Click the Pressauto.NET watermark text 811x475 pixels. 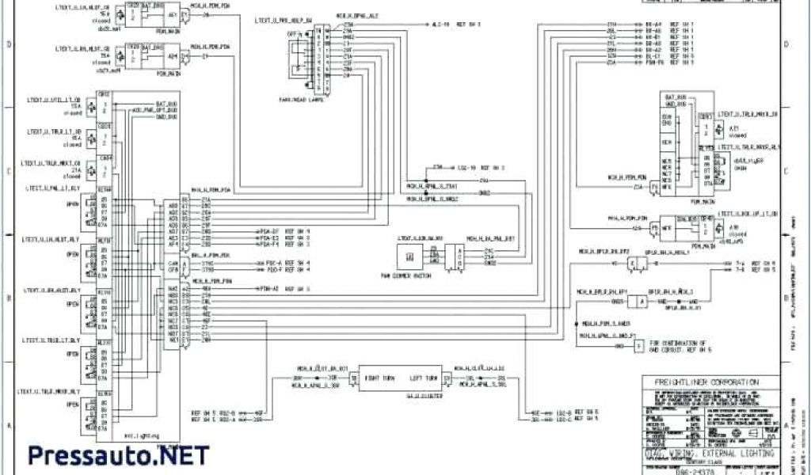[119, 455]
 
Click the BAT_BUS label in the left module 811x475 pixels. [166, 103]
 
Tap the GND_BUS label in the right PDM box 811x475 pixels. [675, 104]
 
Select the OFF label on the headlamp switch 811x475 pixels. [291, 35]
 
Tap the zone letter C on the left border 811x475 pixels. [10, 172]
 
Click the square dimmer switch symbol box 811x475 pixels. [409, 256]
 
